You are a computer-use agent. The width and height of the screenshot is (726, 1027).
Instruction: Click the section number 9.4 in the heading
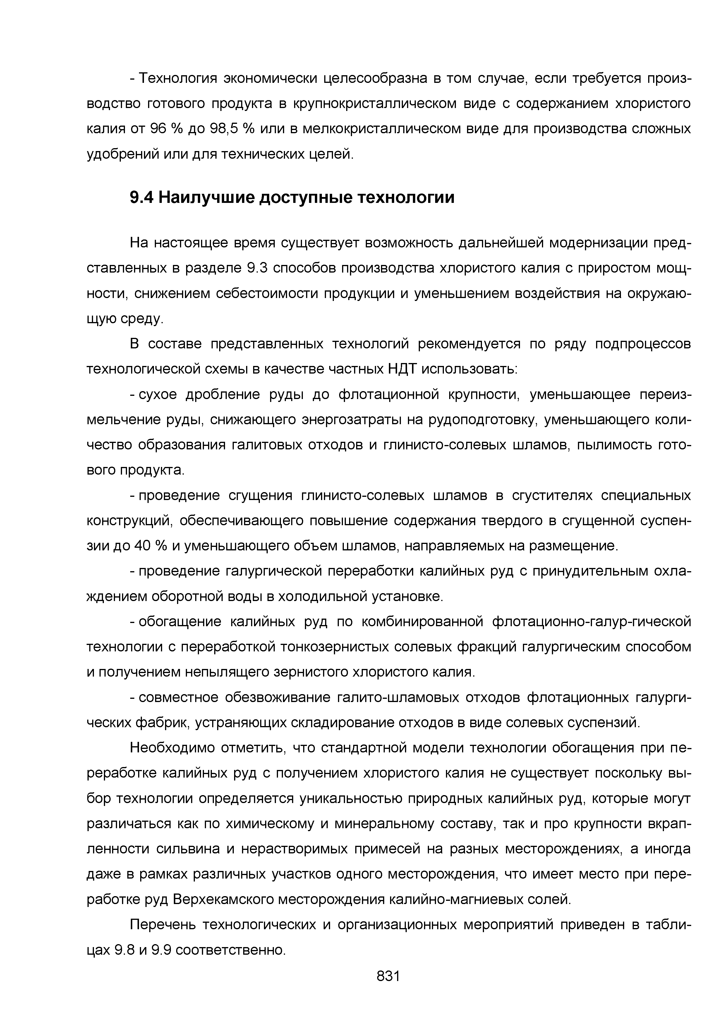[142, 197]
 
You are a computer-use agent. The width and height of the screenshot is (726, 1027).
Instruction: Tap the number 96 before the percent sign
[158, 129]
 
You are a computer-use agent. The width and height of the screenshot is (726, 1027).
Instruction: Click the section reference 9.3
[257, 268]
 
